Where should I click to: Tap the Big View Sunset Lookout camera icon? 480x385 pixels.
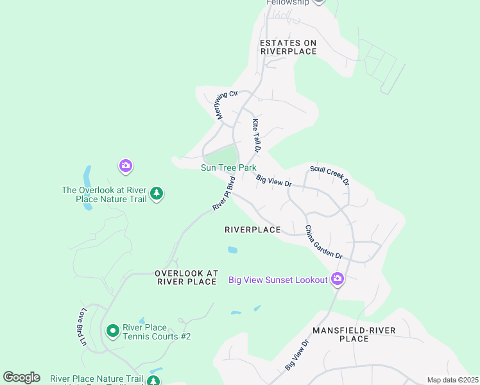pyautogui.click(x=338, y=278)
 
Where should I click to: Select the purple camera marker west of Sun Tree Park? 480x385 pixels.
pyautogui.click(x=126, y=167)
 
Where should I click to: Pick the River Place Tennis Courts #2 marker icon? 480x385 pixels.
pyautogui.click(x=113, y=330)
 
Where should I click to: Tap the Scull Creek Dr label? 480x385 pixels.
pyautogui.click(x=329, y=176)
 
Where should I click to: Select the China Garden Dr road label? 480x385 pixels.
pyautogui.click(x=323, y=242)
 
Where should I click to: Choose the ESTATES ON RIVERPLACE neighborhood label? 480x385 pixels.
pyautogui.click(x=288, y=47)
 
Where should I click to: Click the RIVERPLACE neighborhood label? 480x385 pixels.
pyautogui.click(x=253, y=230)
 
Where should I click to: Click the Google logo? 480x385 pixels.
pyautogui.click(x=21, y=377)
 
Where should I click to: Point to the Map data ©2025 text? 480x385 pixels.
pyautogui.click(x=452, y=380)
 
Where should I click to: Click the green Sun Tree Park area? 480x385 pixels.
pyautogui.click(x=221, y=155)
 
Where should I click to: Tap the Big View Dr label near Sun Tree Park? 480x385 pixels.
pyautogui.click(x=274, y=181)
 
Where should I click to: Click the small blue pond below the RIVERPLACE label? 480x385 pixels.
pyautogui.click(x=232, y=250)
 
